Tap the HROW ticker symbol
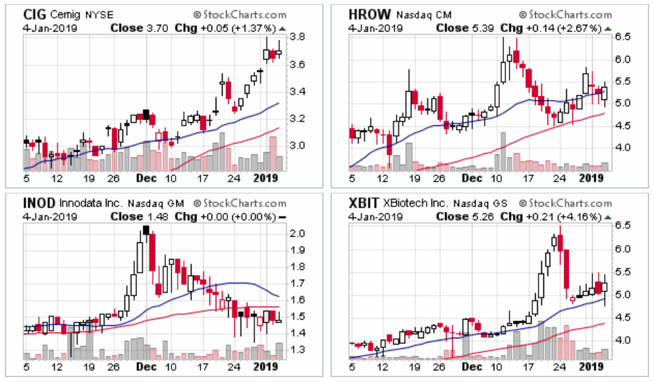point(366,15)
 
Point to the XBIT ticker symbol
point(364,204)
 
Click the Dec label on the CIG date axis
point(142,177)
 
